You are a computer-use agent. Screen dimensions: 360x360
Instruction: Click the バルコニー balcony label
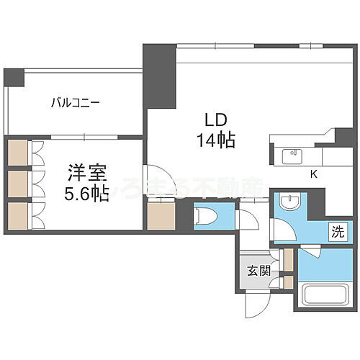[75, 102]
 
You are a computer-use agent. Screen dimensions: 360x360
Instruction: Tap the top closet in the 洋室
[18, 153]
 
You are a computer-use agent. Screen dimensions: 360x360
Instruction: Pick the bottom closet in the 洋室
[18, 215]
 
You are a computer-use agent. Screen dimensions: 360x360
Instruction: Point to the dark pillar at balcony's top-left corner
[13, 77]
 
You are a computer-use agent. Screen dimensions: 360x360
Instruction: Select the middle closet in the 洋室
[18, 184]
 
